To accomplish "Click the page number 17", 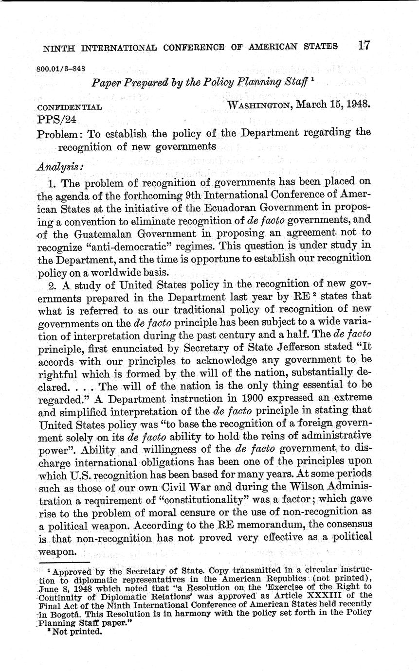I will pos(363,46).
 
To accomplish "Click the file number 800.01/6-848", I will pos(62,69).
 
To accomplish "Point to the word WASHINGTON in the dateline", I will pos(259,106).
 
